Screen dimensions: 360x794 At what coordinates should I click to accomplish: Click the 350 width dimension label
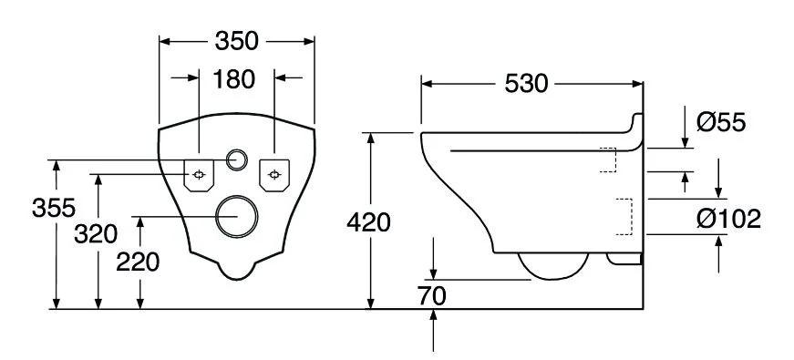[x=237, y=40]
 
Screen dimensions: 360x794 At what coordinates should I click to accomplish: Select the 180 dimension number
[x=234, y=79]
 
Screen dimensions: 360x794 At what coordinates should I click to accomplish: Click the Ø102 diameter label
[x=728, y=219]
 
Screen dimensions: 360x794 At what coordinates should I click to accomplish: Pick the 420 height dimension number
[x=368, y=221]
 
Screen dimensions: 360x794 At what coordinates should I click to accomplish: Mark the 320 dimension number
[x=96, y=234]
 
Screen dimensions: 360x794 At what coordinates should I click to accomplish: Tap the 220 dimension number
[x=139, y=262]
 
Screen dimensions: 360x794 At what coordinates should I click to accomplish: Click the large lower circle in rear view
[x=237, y=217]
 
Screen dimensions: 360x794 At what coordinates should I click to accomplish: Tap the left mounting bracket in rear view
[x=200, y=174]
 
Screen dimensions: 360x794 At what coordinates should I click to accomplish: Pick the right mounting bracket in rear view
[x=274, y=174]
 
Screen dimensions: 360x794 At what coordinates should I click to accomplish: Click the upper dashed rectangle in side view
[x=608, y=159]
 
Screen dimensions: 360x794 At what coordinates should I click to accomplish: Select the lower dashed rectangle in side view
[x=625, y=215]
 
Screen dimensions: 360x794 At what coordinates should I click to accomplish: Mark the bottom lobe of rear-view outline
[x=237, y=268]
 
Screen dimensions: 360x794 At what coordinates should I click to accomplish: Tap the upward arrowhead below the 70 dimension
[x=434, y=316]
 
